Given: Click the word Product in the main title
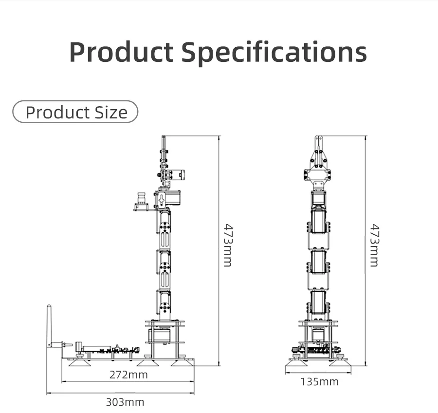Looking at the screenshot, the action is tap(121, 52).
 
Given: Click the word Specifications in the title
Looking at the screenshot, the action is tap(274, 53).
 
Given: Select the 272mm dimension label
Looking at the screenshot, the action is tap(128, 375).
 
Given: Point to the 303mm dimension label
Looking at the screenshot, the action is tap(125, 402).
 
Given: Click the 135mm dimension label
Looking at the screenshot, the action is tap(320, 382).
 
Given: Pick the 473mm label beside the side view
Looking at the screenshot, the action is tap(228, 245).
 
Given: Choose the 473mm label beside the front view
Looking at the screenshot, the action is tap(374, 245).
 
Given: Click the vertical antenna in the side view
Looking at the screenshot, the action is tap(49, 326).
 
